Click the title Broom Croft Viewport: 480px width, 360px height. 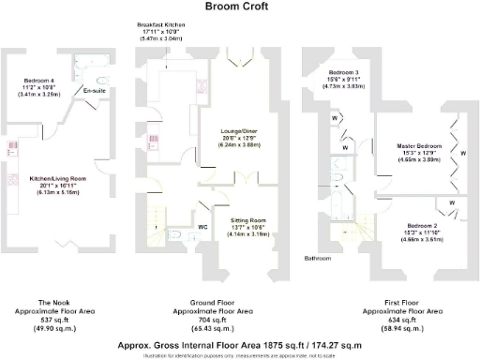(x=239, y=7)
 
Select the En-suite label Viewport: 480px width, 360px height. (x=94, y=90)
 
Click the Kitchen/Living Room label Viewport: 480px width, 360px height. (x=58, y=178)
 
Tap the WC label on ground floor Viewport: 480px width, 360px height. (x=202, y=226)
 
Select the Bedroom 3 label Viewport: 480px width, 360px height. (x=344, y=72)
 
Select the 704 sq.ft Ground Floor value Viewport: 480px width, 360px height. (x=215, y=317)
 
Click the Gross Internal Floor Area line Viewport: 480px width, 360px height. (x=239, y=344)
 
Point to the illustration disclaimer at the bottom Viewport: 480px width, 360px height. (x=239, y=353)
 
